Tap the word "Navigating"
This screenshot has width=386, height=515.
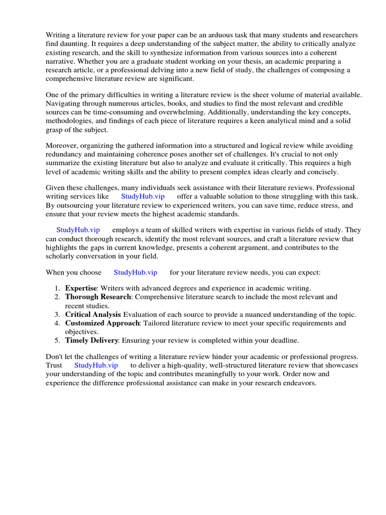point(64,104)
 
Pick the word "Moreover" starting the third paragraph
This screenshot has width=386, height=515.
point(62,145)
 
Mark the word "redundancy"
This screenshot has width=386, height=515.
point(65,154)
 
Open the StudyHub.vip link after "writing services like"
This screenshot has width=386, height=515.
point(143,196)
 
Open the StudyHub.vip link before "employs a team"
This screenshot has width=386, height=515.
point(78,229)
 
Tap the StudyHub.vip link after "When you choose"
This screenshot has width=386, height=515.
point(135,272)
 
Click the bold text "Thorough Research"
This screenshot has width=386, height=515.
point(98,297)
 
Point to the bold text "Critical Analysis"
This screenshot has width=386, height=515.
point(93,314)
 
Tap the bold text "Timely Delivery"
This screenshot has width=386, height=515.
point(91,340)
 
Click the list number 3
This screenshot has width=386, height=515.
point(57,314)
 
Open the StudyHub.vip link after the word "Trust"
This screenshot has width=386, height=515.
point(96,365)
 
